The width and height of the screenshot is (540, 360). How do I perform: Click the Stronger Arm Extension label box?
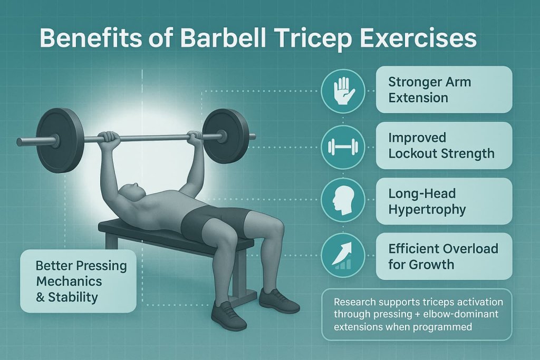(443, 90)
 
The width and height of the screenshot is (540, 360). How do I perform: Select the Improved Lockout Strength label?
(443, 145)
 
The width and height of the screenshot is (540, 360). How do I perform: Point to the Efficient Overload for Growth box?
(443, 256)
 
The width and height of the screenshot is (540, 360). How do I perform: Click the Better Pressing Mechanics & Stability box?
(78, 281)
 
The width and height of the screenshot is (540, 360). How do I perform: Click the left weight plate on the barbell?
(59, 140)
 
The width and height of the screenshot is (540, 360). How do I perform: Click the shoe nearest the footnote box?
(279, 301)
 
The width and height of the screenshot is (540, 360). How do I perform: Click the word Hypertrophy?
(427, 209)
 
